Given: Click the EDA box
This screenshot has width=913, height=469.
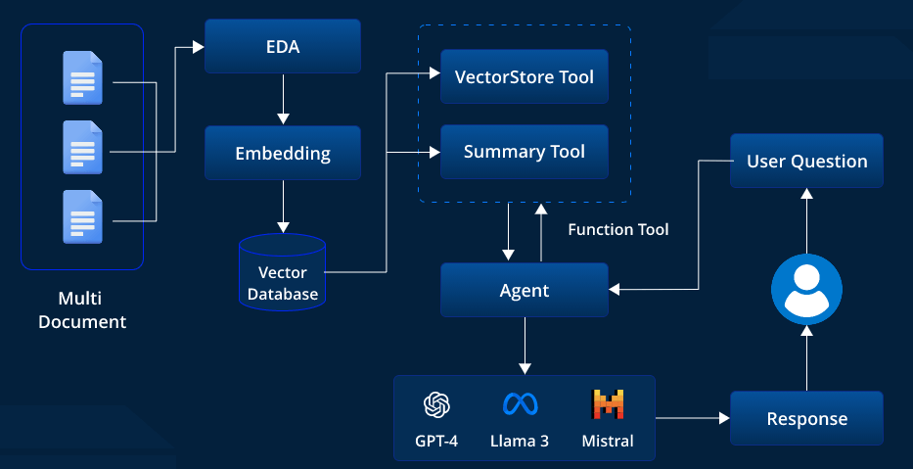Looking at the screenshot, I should tap(283, 46).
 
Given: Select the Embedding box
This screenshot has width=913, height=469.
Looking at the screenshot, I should tap(283, 153).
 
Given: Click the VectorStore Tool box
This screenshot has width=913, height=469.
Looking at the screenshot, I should tap(525, 76).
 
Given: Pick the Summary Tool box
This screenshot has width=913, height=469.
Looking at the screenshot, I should tap(525, 152).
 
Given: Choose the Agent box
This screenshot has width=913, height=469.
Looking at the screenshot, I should tap(525, 290).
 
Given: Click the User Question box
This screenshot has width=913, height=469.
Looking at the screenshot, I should tap(806, 161).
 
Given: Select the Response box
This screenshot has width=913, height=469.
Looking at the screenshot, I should tap(806, 418).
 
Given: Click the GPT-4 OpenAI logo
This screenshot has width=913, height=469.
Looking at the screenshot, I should tap(436, 403).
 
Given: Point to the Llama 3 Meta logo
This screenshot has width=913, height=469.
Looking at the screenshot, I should tap(519, 403).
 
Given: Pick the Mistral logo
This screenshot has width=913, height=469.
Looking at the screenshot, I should tap(608, 403).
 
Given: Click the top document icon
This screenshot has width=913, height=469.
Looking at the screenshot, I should tap(82, 78).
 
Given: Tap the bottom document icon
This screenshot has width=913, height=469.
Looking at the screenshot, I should tap(82, 216).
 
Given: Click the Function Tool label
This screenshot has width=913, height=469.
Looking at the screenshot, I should tap(618, 229).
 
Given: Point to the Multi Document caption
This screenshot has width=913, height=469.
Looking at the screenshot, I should tap(82, 309).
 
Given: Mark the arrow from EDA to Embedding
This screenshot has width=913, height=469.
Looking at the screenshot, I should tap(283, 99).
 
